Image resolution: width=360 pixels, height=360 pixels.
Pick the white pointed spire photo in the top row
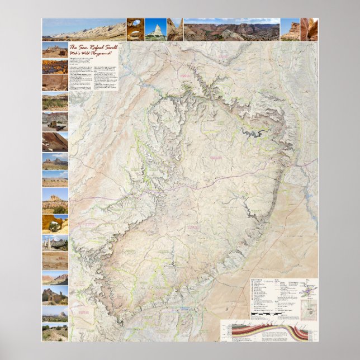coord(155,30)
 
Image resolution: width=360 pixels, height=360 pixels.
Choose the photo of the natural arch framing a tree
coord(55,224)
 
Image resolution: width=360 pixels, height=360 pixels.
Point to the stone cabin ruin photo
coord(55,295)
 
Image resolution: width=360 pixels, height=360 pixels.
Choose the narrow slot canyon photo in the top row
coord(309,30)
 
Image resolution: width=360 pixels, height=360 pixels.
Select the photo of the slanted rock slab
coord(55,142)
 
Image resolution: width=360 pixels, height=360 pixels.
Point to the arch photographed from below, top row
coord(135,30)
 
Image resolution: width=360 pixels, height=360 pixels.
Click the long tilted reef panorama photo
coord(84,30)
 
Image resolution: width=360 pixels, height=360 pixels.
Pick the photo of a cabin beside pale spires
coord(55,243)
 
